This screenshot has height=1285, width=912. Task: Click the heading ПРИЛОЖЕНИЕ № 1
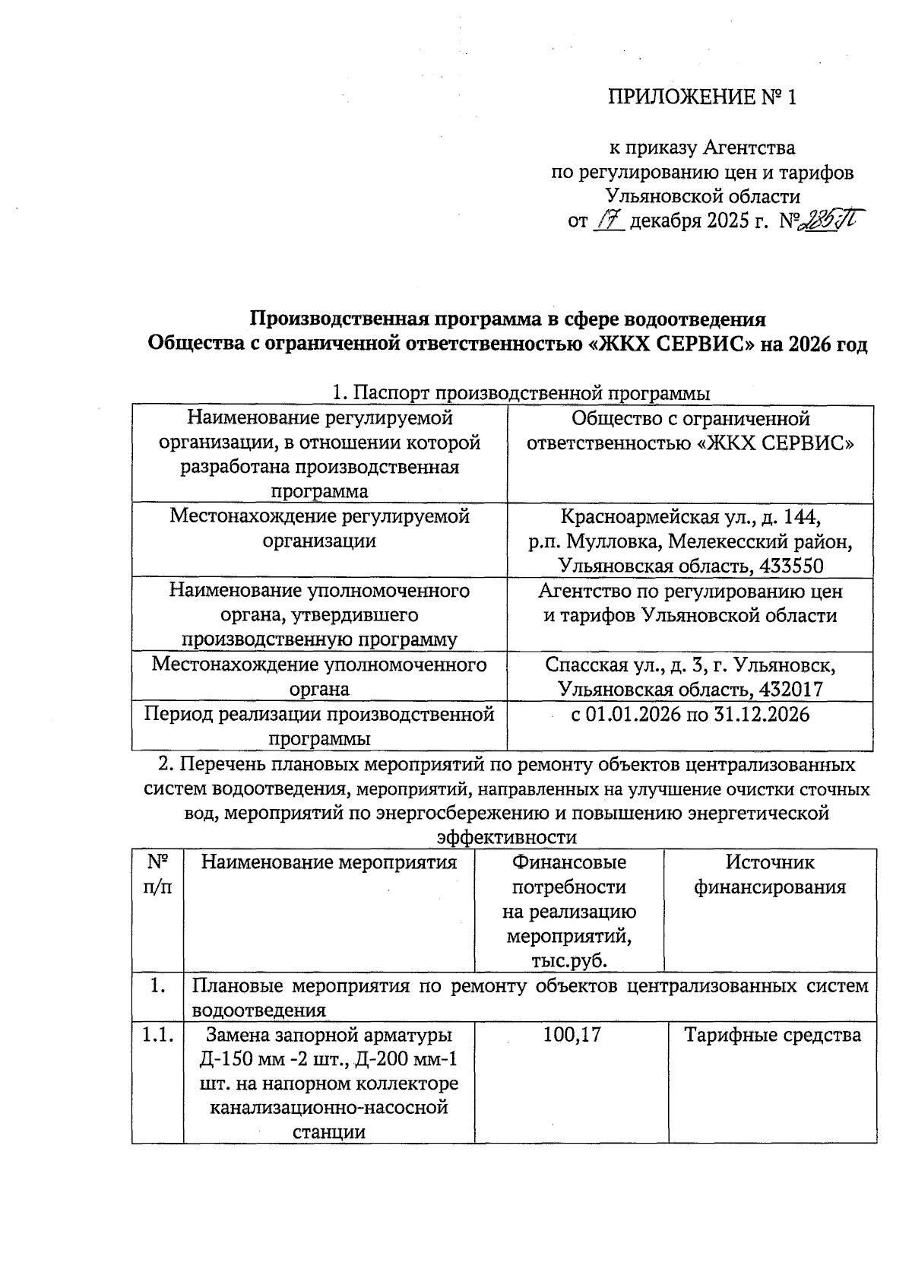coord(702,98)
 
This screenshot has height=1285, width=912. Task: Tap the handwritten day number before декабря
coord(609,221)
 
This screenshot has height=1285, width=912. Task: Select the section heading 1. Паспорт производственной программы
coord(521,393)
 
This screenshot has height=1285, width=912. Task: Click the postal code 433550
coord(788,566)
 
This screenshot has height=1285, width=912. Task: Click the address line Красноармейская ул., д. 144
coord(690,517)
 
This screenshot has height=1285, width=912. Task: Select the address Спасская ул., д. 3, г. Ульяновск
coord(690,665)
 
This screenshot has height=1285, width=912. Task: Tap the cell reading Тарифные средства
coord(772,1035)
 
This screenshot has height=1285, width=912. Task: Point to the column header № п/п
coord(157,874)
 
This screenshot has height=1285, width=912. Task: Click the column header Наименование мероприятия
coord(329,862)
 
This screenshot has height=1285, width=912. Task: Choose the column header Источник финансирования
coord(770,874)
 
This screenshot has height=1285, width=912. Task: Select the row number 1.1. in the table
coord(157,1035)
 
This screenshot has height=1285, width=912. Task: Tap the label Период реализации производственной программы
coord(319,726)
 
